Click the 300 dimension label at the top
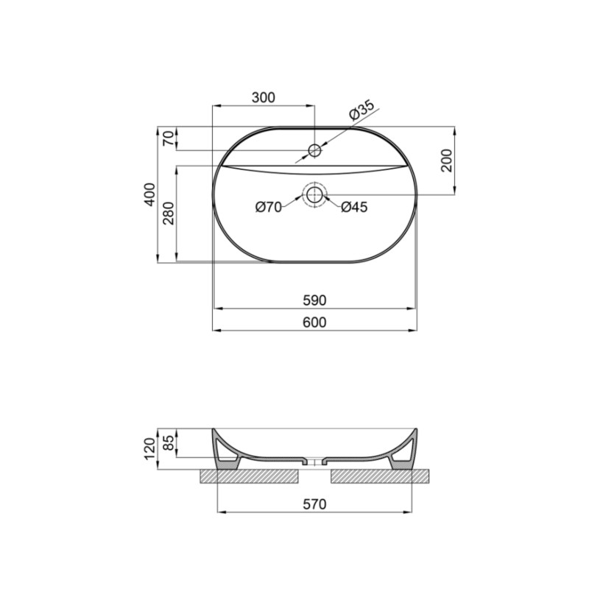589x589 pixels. (x=263, y=97)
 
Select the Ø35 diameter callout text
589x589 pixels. (x=361, y=110)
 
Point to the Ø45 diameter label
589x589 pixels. (x=354, y=208)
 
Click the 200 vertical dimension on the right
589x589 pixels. (x=446, y=160)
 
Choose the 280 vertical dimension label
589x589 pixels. (x=168, y=214)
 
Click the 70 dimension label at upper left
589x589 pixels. (x=168, y=138)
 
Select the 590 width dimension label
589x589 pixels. (x=314, y=300)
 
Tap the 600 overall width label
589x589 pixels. (x=314, y=322)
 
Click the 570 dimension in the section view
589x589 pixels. (x=314, y=504)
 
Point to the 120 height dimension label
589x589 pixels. (x=149, y=447)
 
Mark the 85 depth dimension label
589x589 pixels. (x=168, y=442)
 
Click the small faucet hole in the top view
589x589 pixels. (x=314, y=151)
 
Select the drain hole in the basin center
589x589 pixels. (x=314, y=195)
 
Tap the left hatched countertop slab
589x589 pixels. (x=250, y=476)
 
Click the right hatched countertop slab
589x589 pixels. (x=379, y=476)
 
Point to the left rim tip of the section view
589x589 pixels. (x=214, y=430)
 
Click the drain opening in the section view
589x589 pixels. (x=315, y=463)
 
